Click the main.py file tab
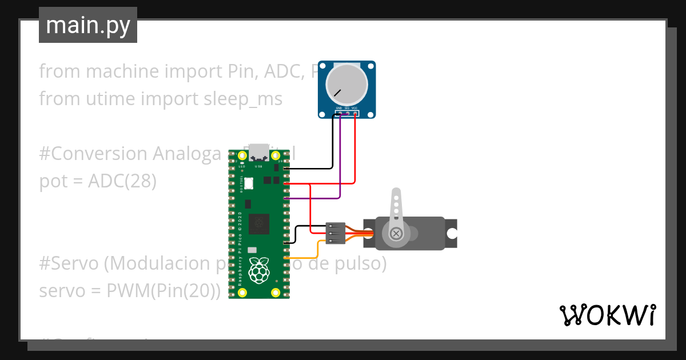point(88,25)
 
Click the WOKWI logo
point(607,315)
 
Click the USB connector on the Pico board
point(259,152)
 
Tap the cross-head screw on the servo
point(396,233)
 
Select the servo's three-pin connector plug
point(335,233)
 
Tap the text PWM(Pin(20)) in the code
point(163,291)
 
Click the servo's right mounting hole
point(452,233)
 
